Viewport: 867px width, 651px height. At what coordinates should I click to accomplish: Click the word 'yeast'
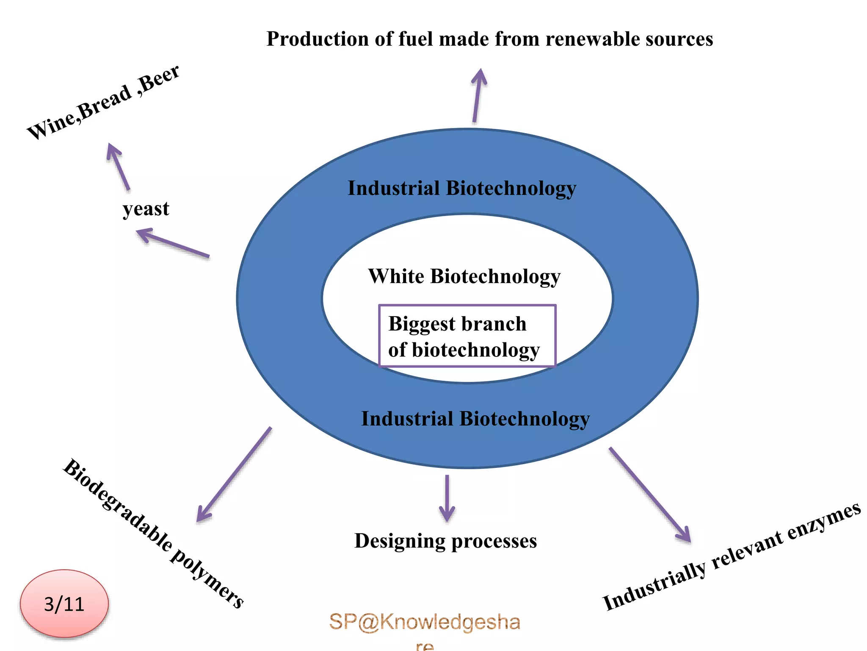tap(146, 209)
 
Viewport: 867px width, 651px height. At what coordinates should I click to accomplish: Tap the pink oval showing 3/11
tap(64, 604)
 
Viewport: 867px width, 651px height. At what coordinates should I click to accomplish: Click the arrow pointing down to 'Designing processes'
tap(447, 498)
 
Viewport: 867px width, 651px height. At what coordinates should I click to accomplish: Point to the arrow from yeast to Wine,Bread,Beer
tap(119, 167)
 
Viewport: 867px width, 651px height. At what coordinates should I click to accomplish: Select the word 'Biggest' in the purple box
tap(422, 324)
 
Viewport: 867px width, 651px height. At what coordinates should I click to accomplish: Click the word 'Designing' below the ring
tap(399, 541)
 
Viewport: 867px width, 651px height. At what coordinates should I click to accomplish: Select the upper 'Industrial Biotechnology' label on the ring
tap(462, 188)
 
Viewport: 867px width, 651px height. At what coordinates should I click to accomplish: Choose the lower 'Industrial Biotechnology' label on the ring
tap(475, 419)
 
